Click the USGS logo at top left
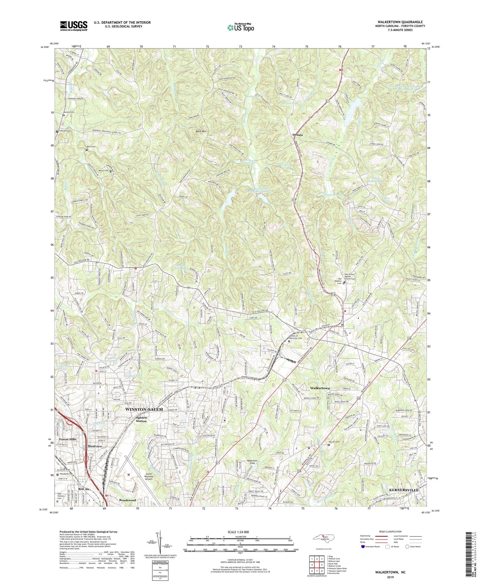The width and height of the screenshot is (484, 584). coord(74,26)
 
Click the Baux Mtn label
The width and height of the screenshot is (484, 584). coord(202,131)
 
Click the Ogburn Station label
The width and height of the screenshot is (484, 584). coord(141,419)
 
